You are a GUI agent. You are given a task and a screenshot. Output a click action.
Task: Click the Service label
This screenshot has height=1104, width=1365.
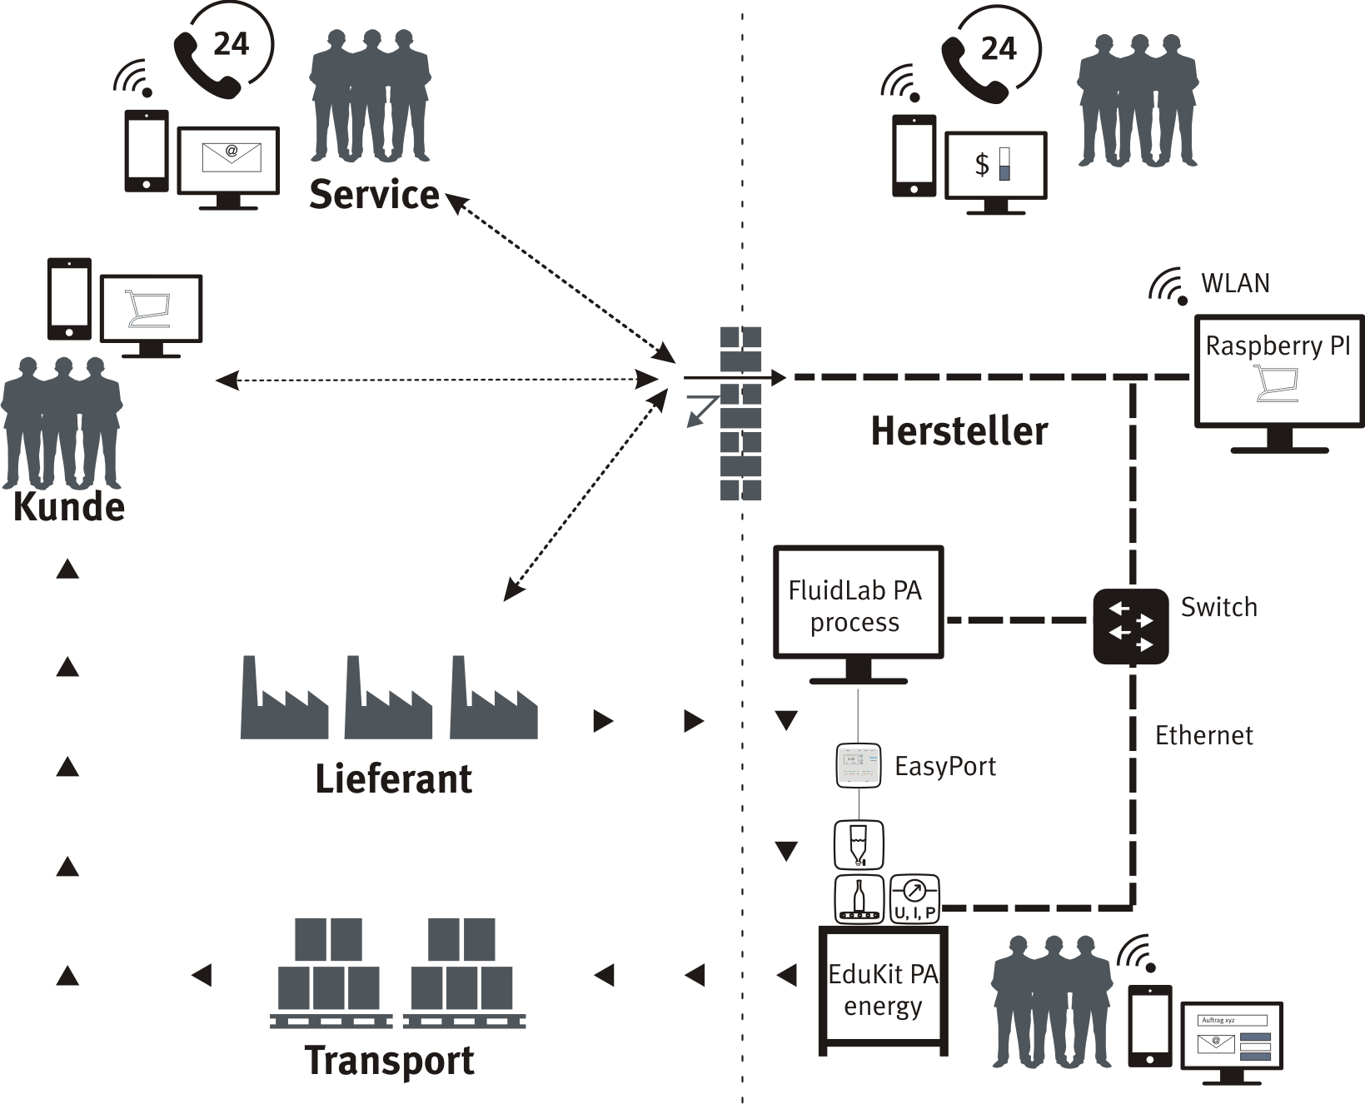click(374, 195)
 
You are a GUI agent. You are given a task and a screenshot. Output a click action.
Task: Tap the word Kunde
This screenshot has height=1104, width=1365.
click(69, 507)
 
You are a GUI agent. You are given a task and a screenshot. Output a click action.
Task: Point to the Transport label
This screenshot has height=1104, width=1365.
click(390, 1061)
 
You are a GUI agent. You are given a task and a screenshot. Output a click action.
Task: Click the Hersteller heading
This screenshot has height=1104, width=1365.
click(959, 431)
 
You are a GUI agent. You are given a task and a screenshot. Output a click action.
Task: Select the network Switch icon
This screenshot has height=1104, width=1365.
click(1130, 626)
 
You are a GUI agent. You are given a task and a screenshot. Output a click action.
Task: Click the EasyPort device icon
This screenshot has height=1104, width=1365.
click(858, 766)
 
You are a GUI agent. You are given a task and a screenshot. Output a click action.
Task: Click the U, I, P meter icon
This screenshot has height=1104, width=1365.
click(914, 898)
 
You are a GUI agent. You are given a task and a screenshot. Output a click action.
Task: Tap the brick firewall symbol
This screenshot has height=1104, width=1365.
click(740, 414)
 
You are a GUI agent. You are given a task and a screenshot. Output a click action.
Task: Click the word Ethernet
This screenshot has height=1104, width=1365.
click(1203, 736)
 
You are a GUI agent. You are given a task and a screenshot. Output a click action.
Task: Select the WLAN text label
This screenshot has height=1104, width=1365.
click(1235, 283)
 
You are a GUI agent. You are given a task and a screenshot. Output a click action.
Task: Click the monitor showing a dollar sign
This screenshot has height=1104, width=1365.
click(995, 166)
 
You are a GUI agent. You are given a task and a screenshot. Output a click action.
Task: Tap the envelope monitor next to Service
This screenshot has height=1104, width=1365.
click(228, 161)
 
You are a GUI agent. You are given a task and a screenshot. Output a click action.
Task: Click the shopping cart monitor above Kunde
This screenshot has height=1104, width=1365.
click(151, 309)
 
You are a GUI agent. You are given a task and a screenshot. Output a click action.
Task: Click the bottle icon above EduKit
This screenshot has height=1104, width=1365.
click(859, 899)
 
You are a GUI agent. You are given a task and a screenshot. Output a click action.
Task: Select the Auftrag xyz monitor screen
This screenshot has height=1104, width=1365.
click(1232, 1037)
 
